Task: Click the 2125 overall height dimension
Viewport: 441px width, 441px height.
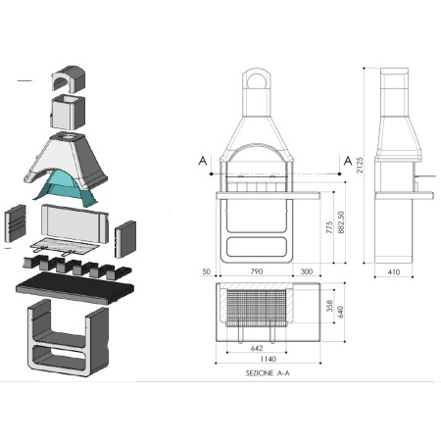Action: tap(360, 166)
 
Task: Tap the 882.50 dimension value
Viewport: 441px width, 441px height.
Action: tap(341, 222)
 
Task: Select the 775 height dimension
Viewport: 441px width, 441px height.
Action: tap(329, 227)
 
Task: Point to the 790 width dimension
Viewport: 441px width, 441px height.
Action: tap(257, 271)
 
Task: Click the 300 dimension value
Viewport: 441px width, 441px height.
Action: tap(307, 271)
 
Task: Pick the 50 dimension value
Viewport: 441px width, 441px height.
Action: tap(207, 271)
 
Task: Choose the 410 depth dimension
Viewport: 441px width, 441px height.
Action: tap(394, 271)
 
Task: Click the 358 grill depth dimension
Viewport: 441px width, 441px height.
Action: tap(329, 306)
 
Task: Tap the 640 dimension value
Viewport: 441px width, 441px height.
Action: tap(340, 312)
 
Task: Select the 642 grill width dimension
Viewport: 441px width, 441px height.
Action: tap(257, 348)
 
